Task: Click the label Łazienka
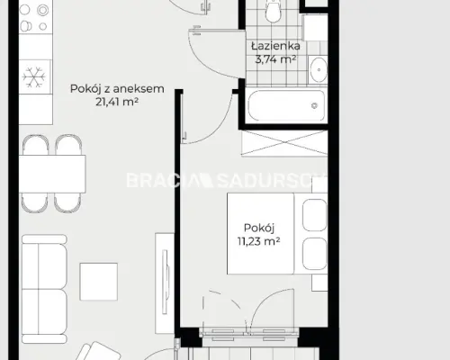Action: [x=275, y=46]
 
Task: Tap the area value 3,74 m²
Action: [x=275, y=59]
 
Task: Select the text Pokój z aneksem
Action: [x=117, y=89]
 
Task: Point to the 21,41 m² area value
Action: [x=117, y=102]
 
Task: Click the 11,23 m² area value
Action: [x=258, y=241]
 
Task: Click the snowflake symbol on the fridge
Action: [x=34, y=77]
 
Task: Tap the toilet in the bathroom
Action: [x=273, y=11]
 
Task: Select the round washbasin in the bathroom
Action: [x=319, y=69]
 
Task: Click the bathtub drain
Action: [x=314, y=105]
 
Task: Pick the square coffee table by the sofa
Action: [x=98, y=282]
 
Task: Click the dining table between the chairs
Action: [x=52, y=174]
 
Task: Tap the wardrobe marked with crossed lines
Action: [x=284, y=143]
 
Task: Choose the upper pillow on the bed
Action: [x=314, y=215]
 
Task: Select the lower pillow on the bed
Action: [x=314, y=254]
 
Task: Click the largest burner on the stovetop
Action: [x=42, y=11]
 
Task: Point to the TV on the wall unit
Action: [x=166, y=282]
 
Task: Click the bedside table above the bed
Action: [x=319, y=184]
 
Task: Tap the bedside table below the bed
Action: [x=319, y=283]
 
